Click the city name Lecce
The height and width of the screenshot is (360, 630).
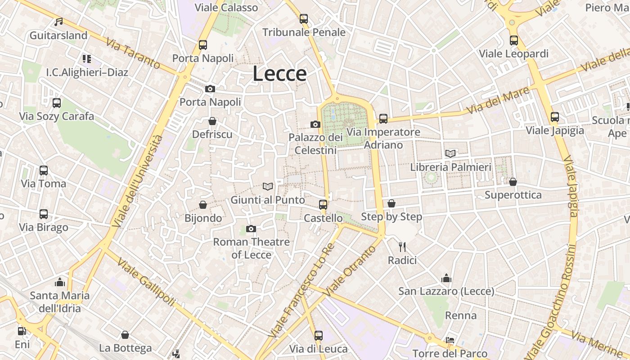point(279,73)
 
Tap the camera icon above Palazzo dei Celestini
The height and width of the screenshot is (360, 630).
point(315,124)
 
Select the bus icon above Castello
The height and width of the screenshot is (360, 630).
point(323,205)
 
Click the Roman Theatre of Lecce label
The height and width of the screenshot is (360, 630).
point(251,248)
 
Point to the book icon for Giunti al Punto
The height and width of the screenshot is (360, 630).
point(268,186)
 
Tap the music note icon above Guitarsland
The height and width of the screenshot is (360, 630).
point(58,22)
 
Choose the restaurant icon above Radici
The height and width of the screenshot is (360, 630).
point(402,247)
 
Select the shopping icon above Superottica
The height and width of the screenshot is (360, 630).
point(513,182)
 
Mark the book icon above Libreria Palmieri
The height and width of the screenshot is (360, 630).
point(450,153)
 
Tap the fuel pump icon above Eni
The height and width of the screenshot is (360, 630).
point(22,331)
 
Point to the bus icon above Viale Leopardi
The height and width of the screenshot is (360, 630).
point(514,40)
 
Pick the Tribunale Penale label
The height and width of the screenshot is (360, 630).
point(304,32)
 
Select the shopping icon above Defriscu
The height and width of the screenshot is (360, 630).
point(212,121)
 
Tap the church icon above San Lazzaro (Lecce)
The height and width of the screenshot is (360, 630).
point(446,278)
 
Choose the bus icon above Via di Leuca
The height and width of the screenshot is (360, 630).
point(319,335)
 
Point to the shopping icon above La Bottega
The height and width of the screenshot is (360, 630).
point(125,335)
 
